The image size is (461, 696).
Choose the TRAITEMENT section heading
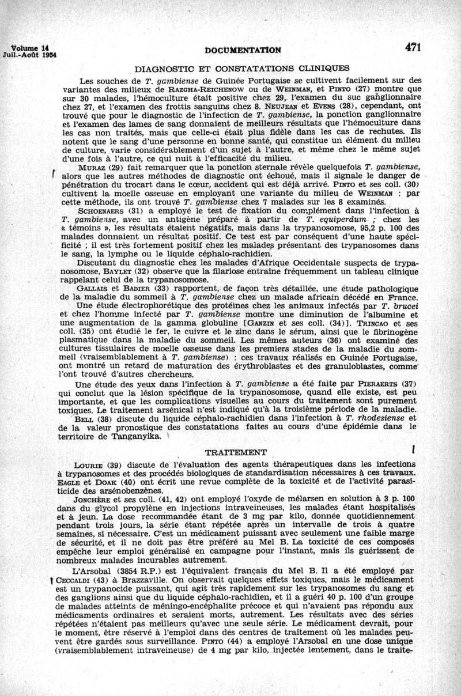point(236,452)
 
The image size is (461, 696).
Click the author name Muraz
point(91,167)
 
